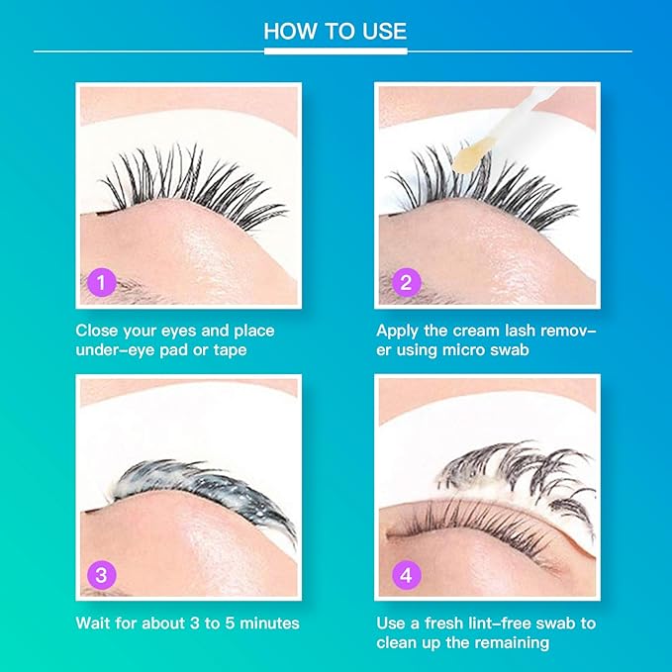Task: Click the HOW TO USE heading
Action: [x=336, y=31]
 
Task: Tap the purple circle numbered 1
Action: [x=102, y=282]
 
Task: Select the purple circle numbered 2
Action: [x=407, y=282]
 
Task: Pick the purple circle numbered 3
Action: [x=102, y=575]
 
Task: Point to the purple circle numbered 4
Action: [x=407, y=575]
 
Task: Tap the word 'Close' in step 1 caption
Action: [x=97, y=331]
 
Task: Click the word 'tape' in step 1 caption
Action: [x=231, y=350]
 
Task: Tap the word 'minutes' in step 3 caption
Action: [x=269, y=624]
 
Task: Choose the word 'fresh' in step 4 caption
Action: [x=443, y=624]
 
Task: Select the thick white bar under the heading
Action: [x=336, y=51]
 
